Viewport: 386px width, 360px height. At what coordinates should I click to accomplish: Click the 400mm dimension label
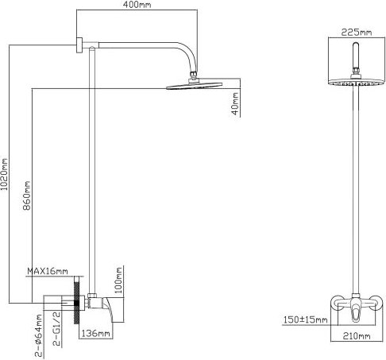(x=137, y=6)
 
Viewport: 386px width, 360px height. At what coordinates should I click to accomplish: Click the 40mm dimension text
(x=234, y=103)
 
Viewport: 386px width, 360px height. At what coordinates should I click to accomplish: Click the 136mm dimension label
(x=95, y=333)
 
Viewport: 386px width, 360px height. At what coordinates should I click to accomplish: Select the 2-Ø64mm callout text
(x=40, y=332)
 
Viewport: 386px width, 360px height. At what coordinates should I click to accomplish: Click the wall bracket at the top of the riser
(x=81, y=45)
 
